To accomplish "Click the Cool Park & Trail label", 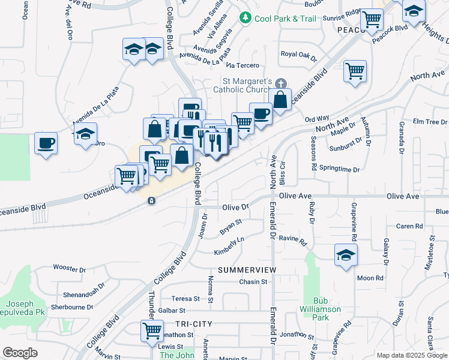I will (x=285, y=19).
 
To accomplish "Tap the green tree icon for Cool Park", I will (x=245, y=19).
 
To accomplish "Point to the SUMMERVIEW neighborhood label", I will (x=247, y=270).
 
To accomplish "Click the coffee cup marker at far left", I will (x=46, y=143).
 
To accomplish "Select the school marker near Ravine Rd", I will (x=345, y=254).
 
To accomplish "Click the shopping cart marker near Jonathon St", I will (x=152, y=330).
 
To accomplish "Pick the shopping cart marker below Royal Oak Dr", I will (x=355, y=71).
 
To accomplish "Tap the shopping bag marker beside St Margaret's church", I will (x=280, y=99).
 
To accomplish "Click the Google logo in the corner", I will (x=20, y=353).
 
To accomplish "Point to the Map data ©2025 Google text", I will (x=412, y=355).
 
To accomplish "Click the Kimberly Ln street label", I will (x=229, y=247).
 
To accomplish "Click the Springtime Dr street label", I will (x=339, y=170).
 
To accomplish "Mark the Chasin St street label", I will (x=253, y=282).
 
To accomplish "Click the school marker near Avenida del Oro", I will (x=85, y=134).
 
